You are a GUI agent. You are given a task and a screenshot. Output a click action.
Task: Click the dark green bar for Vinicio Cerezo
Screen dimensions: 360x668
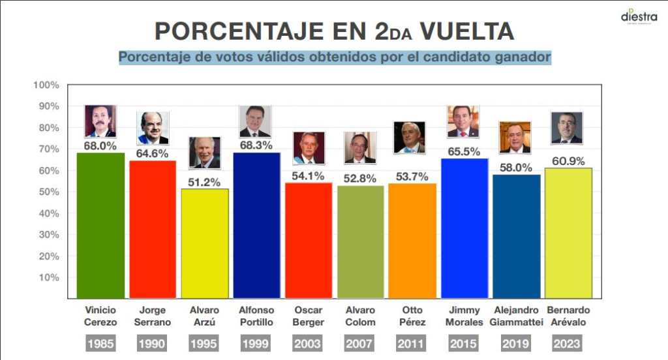click(100, 225)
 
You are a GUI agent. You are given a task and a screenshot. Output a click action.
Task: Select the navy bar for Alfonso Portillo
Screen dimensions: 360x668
click(256, 225)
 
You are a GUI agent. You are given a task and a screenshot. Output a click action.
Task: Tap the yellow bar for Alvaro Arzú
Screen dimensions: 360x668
click(205, 243)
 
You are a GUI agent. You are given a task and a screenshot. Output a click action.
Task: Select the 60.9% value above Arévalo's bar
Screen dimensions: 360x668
click(568, 161)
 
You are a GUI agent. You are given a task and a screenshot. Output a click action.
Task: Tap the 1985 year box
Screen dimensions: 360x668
click(100, 343)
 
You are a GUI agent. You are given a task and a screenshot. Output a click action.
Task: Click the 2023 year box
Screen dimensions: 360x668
click(568, 343)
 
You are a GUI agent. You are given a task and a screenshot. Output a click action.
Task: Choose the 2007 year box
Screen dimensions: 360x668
click(360, 343)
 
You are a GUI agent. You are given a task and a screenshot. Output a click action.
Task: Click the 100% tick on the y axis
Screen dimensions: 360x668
click(46, 85)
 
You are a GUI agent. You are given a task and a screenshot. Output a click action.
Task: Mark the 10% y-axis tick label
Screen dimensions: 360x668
click(48, 278)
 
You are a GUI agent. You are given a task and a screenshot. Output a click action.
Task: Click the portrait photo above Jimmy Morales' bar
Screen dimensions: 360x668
click(463, 122)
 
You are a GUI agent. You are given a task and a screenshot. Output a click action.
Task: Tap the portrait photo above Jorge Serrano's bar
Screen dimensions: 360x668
click(153, 128)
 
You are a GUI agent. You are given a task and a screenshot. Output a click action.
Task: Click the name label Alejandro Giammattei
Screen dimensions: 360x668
click(516, 316)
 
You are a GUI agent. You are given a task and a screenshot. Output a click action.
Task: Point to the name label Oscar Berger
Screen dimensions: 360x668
click(309, 316)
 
